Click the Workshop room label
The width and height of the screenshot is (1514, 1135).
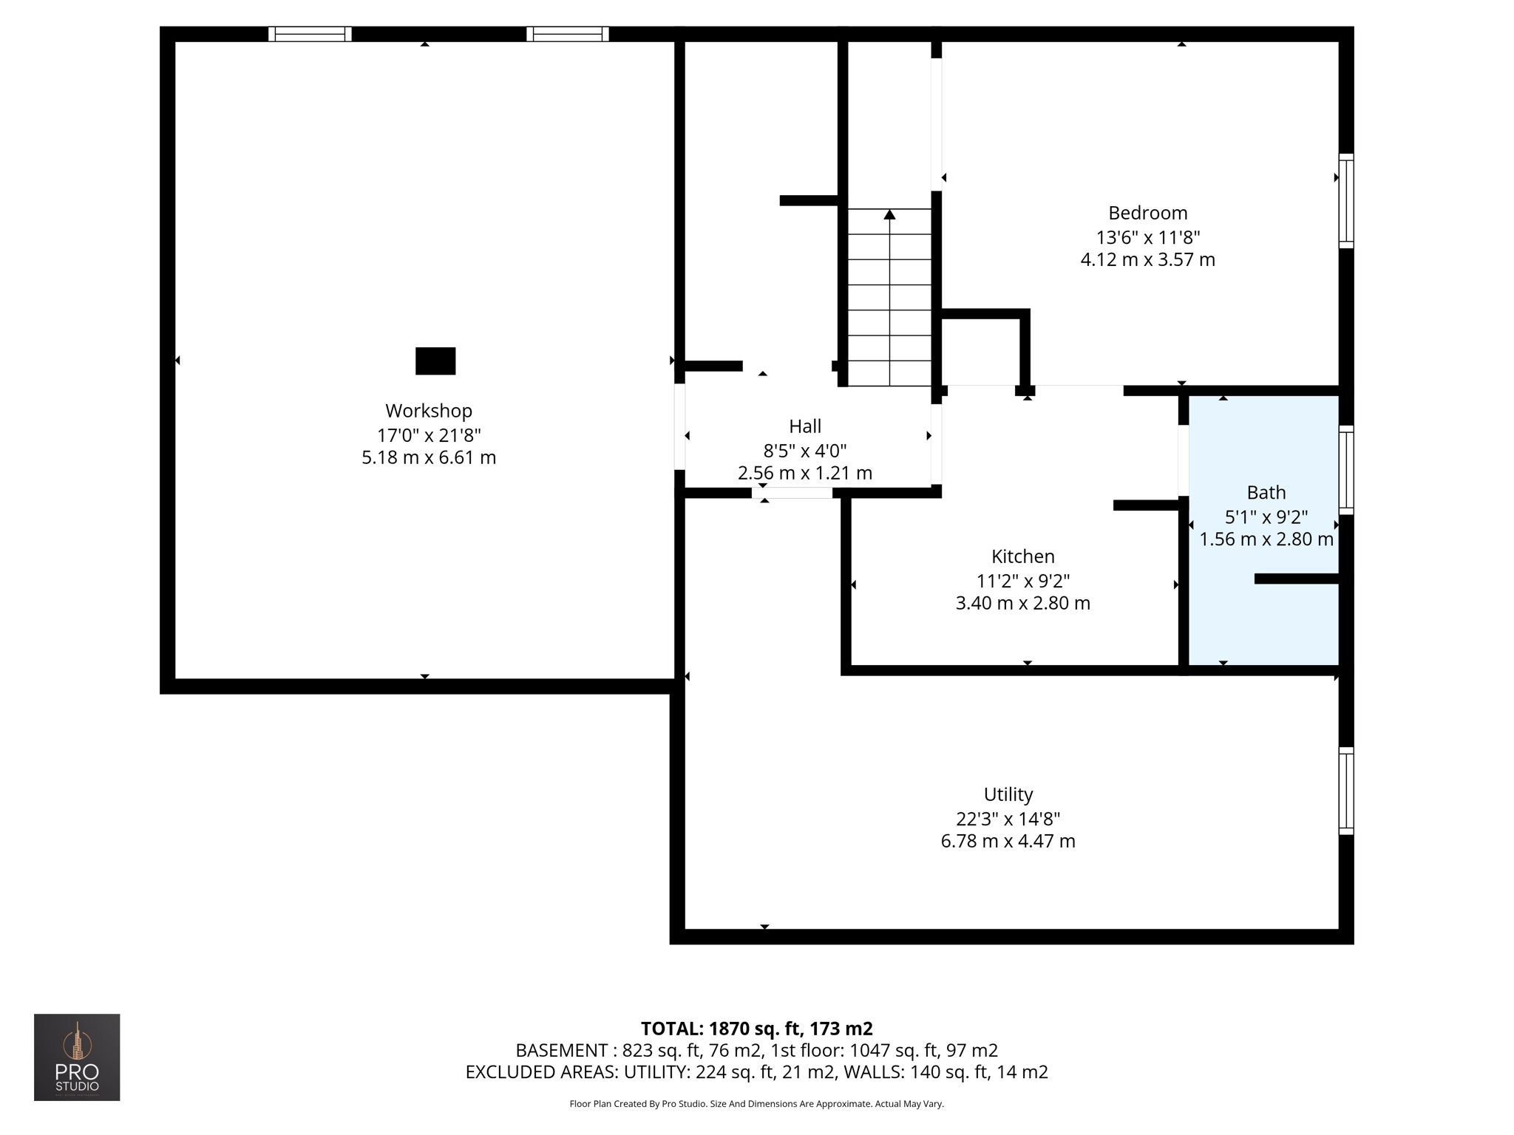click(x=428, y=411)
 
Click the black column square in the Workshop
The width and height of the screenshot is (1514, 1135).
click(x=435, y=361)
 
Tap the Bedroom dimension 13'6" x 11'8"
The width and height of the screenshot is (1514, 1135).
click(x=1147, y=237)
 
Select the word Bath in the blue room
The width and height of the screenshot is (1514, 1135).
click(x=1266, y=493)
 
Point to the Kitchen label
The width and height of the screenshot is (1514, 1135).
click(x=1022, y=556)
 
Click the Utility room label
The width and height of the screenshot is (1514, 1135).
click(x=1008, y=794)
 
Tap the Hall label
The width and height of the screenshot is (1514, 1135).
click(x=804, y=426)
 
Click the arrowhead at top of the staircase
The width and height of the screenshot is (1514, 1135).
click(x=889, y=215)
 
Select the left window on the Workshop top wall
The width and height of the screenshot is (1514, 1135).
click(x=309, y=34)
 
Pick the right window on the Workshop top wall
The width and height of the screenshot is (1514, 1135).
click(x=567, y=34)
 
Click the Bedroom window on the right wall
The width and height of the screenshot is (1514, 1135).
click(x=1345, y=201)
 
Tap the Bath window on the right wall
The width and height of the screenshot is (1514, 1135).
click(x=1345, y=470)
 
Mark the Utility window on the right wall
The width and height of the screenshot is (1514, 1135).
click(x=1345, y=791)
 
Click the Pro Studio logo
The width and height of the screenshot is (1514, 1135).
click(x=77, y=1057)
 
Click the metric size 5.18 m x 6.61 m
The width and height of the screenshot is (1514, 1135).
click(x=428, y=458)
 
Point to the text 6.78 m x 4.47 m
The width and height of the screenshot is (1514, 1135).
click(x=1008, y=841)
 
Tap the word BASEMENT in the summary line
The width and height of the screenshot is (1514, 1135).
click(x=560, y=1050)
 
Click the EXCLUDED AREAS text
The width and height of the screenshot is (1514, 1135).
click(x=540, y=1072)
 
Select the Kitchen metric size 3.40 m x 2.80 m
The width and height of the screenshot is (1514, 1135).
click(x=1022, y=604)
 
